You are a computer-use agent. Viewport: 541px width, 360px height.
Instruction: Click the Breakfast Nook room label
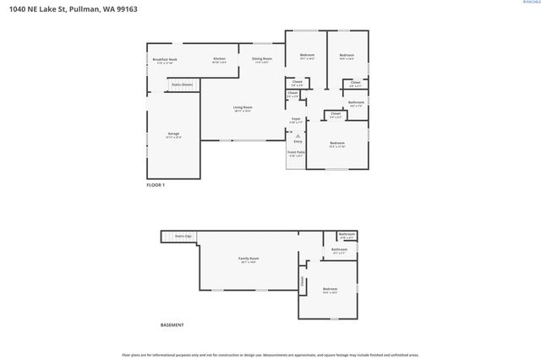(165, 60)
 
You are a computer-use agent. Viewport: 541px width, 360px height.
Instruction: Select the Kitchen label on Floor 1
(219, 59)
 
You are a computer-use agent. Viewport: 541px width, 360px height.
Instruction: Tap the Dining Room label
(261, 59)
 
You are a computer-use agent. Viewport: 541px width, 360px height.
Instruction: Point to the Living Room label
(243, 108)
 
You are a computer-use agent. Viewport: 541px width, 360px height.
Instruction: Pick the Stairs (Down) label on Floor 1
(182, 85)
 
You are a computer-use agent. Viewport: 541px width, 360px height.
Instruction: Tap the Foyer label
(296, 120)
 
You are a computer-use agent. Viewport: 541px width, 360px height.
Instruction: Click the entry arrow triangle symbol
(297, 134)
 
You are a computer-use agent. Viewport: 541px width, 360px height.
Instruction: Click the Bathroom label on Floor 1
(355, 103)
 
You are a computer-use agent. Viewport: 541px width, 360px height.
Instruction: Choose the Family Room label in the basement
(248, 259)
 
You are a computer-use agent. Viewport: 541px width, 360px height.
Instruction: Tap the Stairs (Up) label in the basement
(183, 236)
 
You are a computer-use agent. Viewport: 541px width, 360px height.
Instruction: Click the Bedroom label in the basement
(329, 290)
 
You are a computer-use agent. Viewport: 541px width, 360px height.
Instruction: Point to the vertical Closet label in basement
(302, 281)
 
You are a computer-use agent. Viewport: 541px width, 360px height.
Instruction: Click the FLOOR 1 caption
(156, 184)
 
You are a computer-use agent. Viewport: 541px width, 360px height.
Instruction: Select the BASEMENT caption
(172, 325)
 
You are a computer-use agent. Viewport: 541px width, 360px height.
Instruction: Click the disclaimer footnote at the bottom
(270, 355)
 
